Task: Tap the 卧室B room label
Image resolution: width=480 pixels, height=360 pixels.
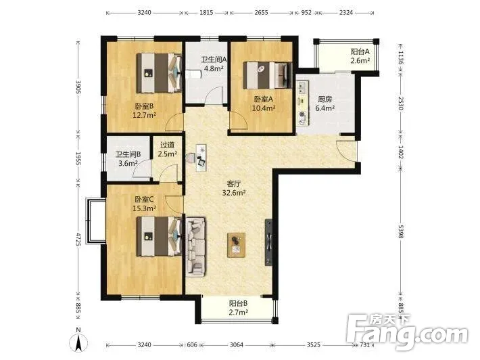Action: pos(144,106)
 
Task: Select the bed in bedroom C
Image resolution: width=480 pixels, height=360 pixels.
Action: pos(159,236)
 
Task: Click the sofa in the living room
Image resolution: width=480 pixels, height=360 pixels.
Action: pos(195,246)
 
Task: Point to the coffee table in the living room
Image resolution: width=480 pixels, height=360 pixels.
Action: pos(237,244)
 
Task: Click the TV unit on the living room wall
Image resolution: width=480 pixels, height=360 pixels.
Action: pos(268,242)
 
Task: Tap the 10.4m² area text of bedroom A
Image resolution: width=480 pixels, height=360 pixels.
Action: pos(264,108)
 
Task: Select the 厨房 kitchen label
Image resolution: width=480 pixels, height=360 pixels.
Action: pos(325,99)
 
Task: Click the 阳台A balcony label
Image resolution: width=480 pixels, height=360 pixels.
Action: pos(360,51)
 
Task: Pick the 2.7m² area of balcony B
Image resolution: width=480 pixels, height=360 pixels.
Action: pos(239,312)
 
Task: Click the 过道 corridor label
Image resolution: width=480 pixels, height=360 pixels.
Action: pos(167,145)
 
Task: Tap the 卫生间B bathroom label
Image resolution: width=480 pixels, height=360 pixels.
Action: pos(128,154)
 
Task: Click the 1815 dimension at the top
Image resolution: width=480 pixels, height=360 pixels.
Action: pos(206,13)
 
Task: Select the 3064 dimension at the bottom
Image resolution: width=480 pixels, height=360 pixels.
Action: pos(237,344)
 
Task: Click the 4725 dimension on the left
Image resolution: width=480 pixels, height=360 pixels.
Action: pos(78,240)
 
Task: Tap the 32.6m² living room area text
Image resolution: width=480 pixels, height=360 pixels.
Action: pos(234,193)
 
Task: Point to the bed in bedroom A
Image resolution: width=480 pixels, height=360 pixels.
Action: pos(267,75)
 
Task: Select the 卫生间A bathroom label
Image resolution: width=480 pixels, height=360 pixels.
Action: pos(214,60)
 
